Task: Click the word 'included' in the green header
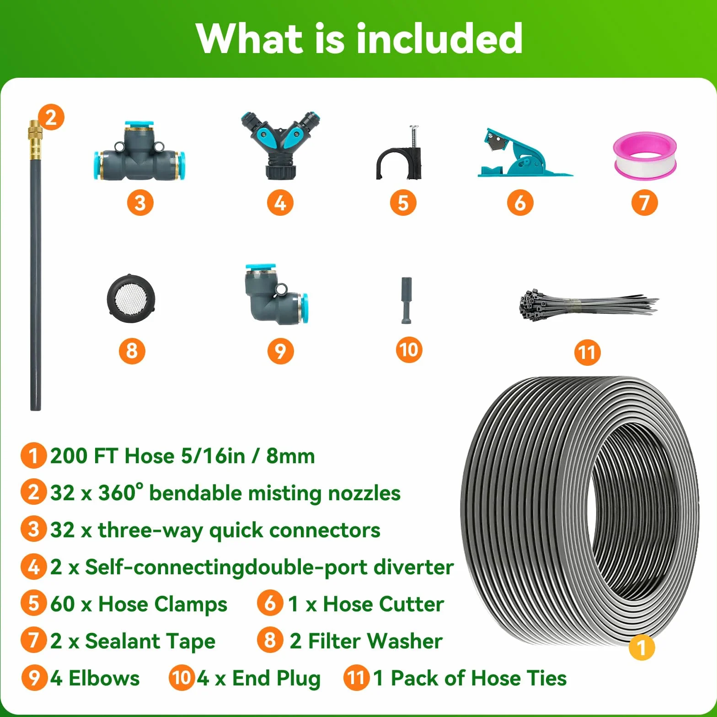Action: [x=439, y=38]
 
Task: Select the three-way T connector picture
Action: [x=140, y=151]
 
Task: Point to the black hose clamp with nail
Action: [x=400, y=153]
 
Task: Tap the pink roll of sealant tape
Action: [x=645, y=155]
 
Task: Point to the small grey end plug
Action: [x=407, y=300]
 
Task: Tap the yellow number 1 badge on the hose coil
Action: [x=642, y=647]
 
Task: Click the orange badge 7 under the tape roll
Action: [x=645, y=203]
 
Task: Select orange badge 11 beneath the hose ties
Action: [x=588, y=352]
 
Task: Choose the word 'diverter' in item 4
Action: [x=413, y=567]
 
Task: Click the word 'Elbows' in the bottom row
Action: [x=104, y=678]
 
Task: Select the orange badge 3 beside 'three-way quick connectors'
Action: [x=34, y=530]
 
